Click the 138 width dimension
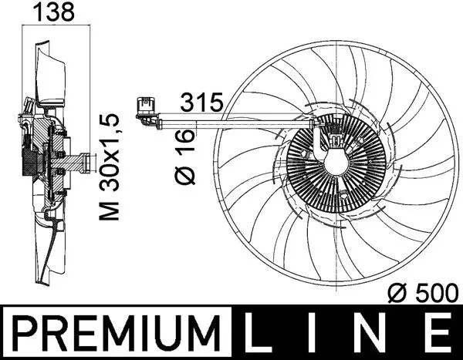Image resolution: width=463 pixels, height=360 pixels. coord(52,13)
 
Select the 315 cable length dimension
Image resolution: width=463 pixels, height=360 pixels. coord(201,101)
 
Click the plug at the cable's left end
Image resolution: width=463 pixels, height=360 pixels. coord(144,107)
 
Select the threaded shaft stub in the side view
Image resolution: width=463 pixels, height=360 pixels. coord(77,163)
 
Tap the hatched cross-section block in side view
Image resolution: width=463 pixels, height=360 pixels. coord(32,162)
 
